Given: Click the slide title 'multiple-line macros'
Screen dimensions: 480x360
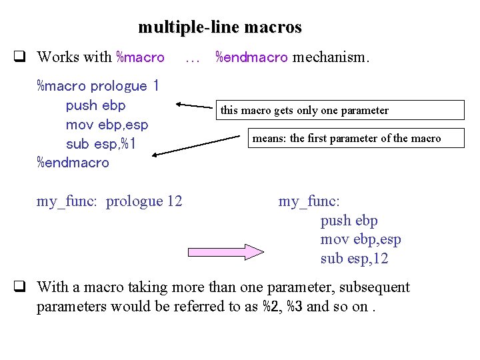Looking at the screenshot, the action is coord(220,27).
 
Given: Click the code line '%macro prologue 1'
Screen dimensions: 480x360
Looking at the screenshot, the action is coord(98,86).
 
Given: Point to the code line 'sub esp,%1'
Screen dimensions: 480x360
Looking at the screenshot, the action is coord(101,144).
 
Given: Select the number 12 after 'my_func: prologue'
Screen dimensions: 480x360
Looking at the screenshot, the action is coord(174,201).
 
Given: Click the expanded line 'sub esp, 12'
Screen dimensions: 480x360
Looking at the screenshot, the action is coord(355,259).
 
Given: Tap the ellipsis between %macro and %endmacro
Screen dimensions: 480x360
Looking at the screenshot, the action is coord(193,58).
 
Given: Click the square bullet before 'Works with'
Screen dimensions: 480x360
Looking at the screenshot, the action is coord(21,57).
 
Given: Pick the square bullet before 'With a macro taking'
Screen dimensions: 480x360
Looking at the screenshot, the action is coord(21,287).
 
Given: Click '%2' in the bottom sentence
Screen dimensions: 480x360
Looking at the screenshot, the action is coord(271,307).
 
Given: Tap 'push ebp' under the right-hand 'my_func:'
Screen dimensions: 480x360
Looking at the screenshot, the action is coord(349,221).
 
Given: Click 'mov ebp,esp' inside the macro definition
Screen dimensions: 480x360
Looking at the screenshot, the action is coord(107,125).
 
